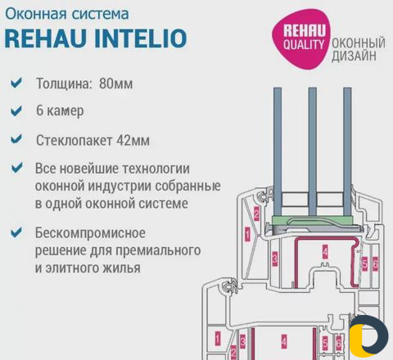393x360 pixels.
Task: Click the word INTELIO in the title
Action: click(141, 38)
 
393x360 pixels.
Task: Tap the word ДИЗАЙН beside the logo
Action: click(354, 56)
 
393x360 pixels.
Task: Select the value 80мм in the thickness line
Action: click(116, 83)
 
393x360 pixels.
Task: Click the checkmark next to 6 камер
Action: click(16, 111)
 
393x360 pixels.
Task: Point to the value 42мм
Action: click(133, 141)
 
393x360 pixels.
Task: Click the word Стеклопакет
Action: click(75, 141)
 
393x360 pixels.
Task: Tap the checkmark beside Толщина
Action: click(16, 83)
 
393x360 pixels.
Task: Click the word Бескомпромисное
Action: click(90, 233)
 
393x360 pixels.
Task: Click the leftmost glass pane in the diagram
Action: click(278, 151)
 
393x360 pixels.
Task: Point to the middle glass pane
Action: click(313, 151)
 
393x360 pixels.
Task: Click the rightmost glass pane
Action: click(347, 151)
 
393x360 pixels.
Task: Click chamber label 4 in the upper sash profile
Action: click(325, 252)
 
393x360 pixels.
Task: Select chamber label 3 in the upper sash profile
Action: click(275, 259)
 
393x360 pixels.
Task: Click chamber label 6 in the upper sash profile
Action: click(376, 263)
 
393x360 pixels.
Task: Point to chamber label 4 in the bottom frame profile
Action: click(284, 341)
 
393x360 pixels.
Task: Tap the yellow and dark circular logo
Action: click(368, 336)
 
